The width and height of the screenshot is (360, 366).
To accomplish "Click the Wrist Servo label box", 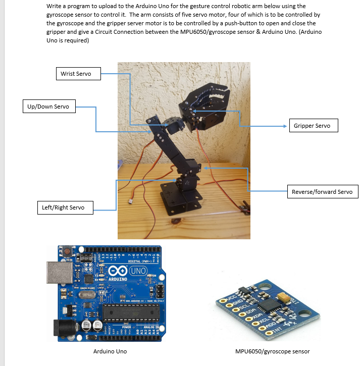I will click(x=76, y=74).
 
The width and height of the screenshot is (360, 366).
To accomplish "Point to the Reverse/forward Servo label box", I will click(x=322, y=192).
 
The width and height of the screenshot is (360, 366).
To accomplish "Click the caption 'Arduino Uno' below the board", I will click(x=110, y=351).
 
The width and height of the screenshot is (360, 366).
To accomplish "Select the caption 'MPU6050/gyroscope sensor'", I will click(x=273, y=351).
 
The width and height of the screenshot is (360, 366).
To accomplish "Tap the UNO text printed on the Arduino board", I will click(x=137, y=271).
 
